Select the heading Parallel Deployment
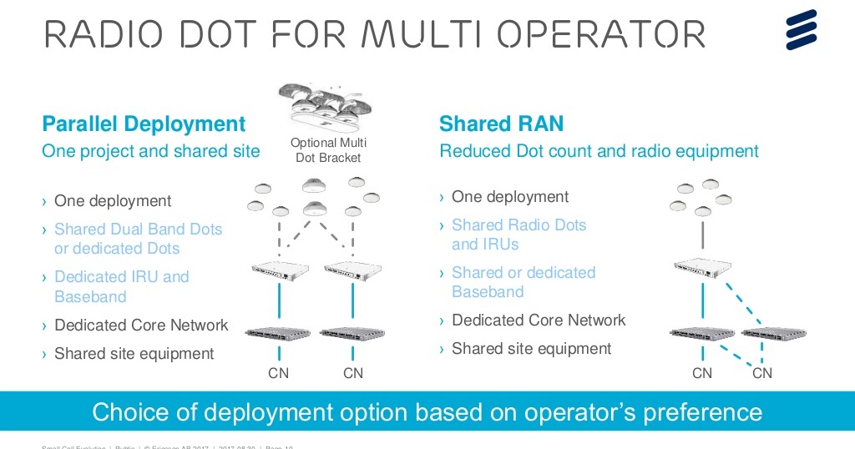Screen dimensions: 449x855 click(144, 125)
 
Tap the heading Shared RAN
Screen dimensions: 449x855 click(501, 125)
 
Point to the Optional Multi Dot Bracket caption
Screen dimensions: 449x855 click(328, 150)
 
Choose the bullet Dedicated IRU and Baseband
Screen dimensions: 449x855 click(121, 286)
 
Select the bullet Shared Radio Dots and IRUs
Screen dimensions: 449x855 click(519, 235)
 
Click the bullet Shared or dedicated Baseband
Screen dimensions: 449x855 click(524, 282)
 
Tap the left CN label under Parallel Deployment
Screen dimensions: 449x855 click(278, 373)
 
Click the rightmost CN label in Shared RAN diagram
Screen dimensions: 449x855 click(762, 373)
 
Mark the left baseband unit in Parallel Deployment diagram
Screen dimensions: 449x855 click(278, 333)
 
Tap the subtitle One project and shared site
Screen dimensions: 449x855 click(150, 151)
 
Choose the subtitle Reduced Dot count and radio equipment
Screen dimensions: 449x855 click(599, 151)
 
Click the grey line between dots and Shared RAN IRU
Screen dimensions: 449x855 click(702, 234)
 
